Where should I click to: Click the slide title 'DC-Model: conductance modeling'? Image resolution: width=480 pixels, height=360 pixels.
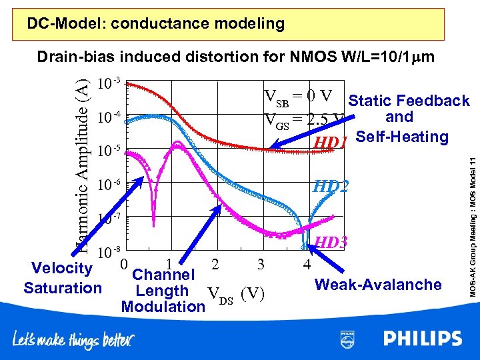(x=155, y=24)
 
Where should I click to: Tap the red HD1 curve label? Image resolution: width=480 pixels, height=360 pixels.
(x=331, y=143)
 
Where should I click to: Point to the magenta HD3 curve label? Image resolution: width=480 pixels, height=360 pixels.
(x=331, y=243)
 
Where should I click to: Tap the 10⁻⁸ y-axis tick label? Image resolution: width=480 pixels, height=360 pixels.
(x=109, y=253)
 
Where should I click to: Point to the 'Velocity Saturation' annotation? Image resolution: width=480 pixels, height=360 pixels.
(x=62, y=278)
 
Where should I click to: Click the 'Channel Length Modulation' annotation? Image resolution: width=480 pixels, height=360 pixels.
(x=163, y=291)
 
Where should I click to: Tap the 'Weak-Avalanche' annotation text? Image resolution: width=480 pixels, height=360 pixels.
(x=378, y=285)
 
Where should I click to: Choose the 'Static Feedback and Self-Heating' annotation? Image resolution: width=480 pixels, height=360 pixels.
(x=408, y=119)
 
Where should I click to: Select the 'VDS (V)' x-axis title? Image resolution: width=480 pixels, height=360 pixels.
(x=238, y=293)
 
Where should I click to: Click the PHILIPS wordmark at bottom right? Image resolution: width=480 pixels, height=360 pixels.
(x=422, y=339)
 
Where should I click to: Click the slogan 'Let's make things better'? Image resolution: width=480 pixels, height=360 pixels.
(x=73, y=339)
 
